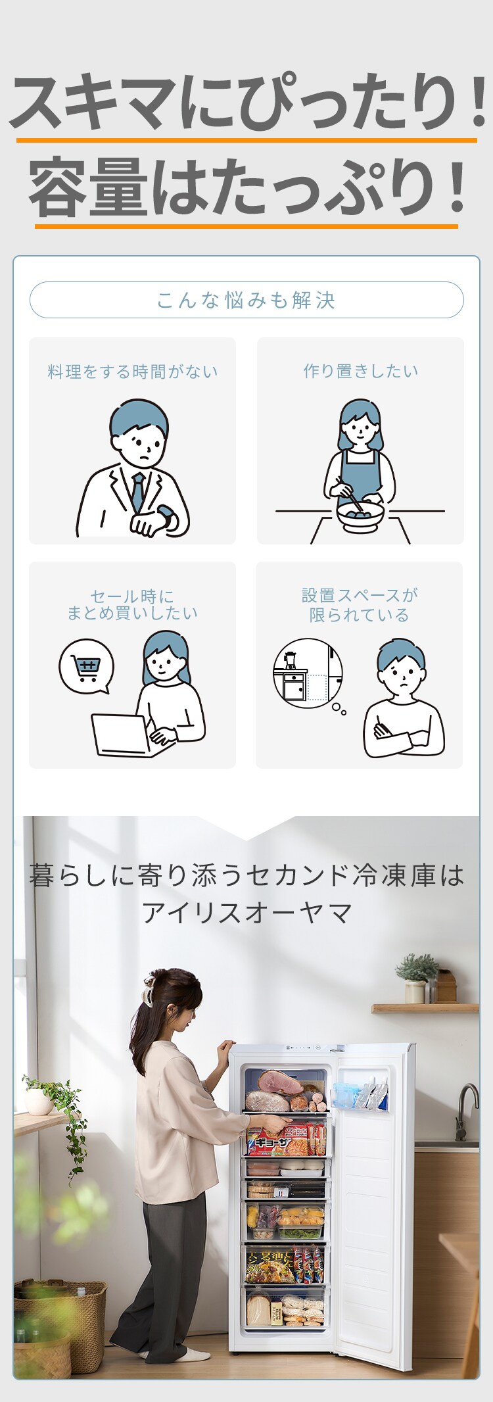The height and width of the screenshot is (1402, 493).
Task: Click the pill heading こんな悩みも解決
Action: [246, 300]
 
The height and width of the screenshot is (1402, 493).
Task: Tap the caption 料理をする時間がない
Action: [133, 372]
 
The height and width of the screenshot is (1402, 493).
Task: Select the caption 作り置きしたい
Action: [360, 371]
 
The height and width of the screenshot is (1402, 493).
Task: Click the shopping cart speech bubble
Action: [86, 668]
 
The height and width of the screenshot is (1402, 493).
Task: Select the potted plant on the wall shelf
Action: [415, 978]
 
